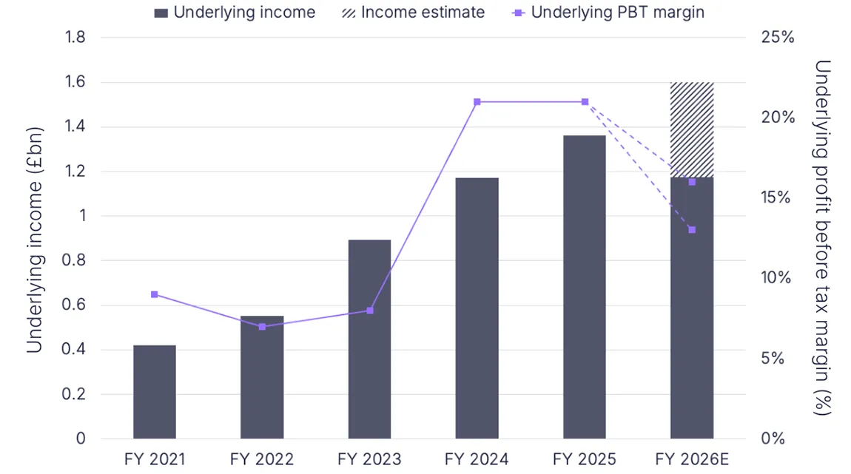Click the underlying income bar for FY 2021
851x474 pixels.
click(x=155, y=392)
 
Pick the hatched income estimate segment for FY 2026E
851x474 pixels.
click(x=692, y=129)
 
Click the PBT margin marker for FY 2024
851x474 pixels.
click(x=477, y=101)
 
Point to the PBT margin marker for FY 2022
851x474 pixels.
click(x=262, y=326)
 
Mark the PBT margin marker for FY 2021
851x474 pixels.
click(x=155, y=294)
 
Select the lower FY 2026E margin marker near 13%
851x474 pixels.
click(x=692, y=230)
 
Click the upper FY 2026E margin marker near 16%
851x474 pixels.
click(x=692, y=182)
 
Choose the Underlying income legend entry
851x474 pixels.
click(x=235, y=13)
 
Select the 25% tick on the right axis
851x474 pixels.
click(x=776, y=38)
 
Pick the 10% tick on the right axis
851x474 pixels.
click(x=776, y=278)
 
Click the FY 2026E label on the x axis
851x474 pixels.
click(x=692, y=460)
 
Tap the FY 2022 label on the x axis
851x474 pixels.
click(x=262, y=460)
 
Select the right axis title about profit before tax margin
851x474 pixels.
click(x=821, y=237)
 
